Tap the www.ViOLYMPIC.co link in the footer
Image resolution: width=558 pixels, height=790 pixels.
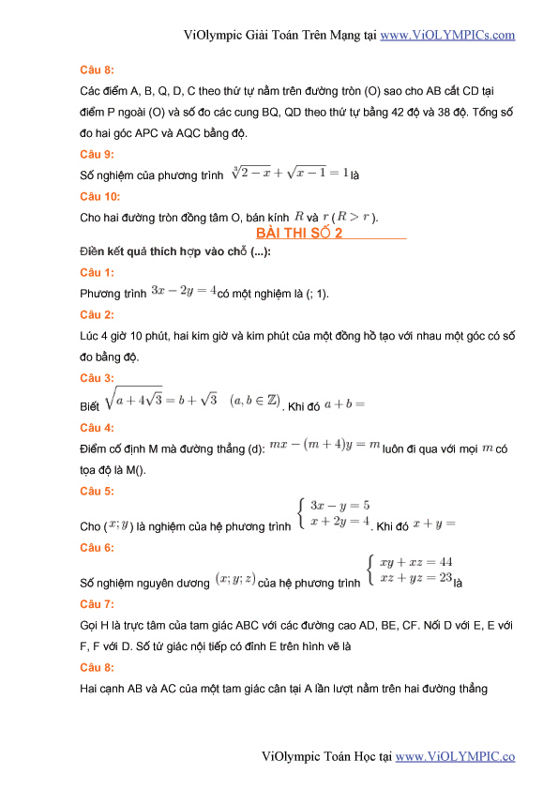coord(456,756)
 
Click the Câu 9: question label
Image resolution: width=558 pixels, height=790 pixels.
coord(98,154)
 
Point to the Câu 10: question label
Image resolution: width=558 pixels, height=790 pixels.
coord(100,197)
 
